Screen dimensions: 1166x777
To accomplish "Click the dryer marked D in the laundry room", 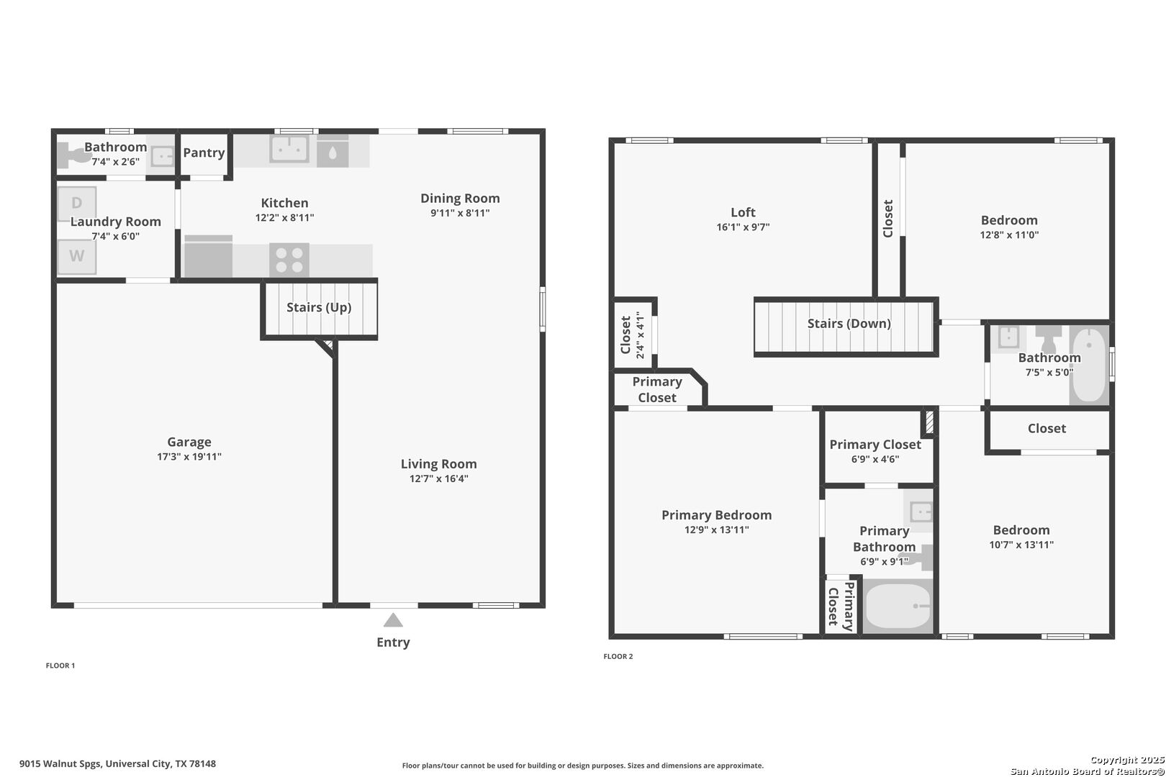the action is click(x=76, y=204).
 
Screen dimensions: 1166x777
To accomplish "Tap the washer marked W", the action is click(x=76, y=257).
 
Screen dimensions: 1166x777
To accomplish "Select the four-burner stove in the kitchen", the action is click(x=289, y=260).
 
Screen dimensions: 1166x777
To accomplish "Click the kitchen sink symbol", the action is click(x=289, y=150).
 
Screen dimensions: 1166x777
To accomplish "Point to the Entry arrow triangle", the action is click(x=393, y=620).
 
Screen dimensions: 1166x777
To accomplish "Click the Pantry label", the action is click(x=204, y=153).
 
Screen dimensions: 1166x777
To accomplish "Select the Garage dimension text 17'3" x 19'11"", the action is click(x=189, y=456).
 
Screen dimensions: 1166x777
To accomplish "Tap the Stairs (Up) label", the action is click(x=319, y=307).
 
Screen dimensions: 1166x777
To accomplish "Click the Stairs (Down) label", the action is click(x=849, y=323).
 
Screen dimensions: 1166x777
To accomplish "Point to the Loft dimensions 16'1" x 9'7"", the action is click(x=743, y=227).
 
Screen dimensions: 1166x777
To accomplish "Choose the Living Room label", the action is click(x=438, y=464).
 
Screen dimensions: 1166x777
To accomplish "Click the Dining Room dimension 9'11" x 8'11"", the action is click(x=460, y=213).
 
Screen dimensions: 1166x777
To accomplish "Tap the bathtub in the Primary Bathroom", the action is click(x=898, y=606).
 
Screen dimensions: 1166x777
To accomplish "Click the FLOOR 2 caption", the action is click(x=618, y=656).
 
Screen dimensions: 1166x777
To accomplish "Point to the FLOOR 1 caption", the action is click(x=60, y=665).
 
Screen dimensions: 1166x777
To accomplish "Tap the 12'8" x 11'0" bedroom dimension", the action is click(x=1009, y=235).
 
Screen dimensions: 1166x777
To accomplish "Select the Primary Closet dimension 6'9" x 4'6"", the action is click(x=875, y=459).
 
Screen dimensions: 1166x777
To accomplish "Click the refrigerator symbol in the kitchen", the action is click(x=208, y=256).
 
